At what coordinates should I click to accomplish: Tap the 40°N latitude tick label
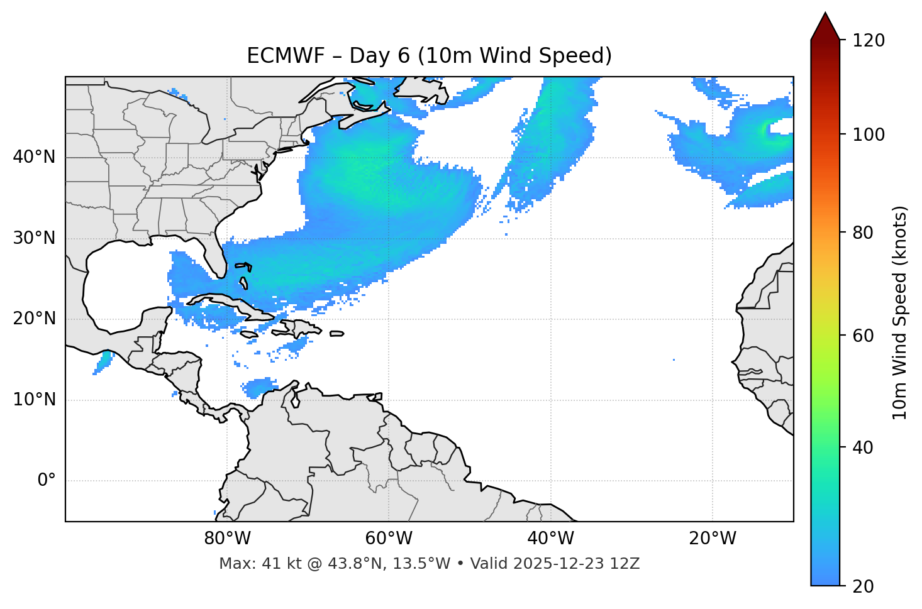[34, 157]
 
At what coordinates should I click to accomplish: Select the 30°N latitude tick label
[34, 238]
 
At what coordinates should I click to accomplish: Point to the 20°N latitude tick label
[34, 319]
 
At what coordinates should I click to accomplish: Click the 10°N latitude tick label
[34, 400]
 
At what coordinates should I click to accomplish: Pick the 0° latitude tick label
[46, 481]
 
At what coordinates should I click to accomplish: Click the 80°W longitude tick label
[227, 539]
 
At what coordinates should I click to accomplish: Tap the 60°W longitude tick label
[389, 539]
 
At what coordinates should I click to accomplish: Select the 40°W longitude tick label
[550, 539]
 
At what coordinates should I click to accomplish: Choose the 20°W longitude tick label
[712, 539]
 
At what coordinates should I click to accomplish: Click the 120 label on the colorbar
[869, 41]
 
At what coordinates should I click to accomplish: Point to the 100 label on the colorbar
[869, 134]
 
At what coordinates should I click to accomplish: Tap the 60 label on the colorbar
[864, 336]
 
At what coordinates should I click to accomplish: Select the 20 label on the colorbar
[864, 586]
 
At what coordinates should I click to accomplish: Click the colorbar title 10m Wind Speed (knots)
[899, 312]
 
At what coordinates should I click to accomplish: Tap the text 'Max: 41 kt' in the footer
[250, 564]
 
